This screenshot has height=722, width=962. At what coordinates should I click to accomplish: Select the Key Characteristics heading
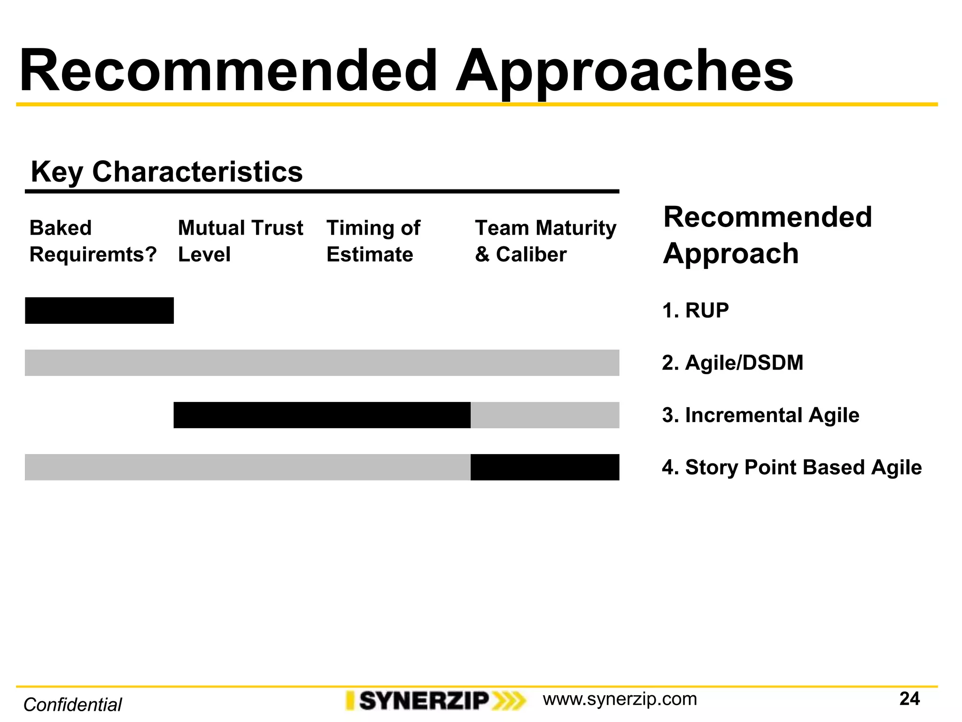coord(167,172)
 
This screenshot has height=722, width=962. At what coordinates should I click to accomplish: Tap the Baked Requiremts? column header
coord(93,241)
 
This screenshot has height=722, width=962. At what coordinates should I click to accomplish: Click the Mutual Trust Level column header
coord(240,241)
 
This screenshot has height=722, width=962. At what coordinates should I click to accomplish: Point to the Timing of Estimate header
coord(373,241)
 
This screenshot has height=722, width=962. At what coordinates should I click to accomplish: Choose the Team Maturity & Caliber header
coord(545,241)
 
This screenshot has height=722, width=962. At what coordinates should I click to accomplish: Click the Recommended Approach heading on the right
coord(767,235)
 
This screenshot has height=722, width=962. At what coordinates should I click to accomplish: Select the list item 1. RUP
coord(695,311)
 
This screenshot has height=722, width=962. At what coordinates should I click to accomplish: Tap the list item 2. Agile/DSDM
coord(732,363)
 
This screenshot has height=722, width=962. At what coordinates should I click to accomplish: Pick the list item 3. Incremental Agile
coord(760,415)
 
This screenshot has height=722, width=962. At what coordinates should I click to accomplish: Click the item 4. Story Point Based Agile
coord(791,467)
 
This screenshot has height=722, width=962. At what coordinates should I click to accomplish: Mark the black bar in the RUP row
coord(99,311)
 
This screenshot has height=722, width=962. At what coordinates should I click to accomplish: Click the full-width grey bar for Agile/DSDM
coord(322,363)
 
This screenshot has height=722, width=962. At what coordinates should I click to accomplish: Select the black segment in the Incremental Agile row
coord(322,415)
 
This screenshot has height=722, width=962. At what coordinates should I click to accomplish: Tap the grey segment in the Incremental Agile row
coord(545,415)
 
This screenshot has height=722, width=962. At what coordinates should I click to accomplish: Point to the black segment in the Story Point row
coord(545,467)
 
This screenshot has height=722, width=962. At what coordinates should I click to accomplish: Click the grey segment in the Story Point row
coord(248,467)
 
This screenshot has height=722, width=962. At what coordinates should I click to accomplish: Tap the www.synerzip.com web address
coord(620,699)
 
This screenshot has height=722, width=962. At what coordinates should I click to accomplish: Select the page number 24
coord(909,699)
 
